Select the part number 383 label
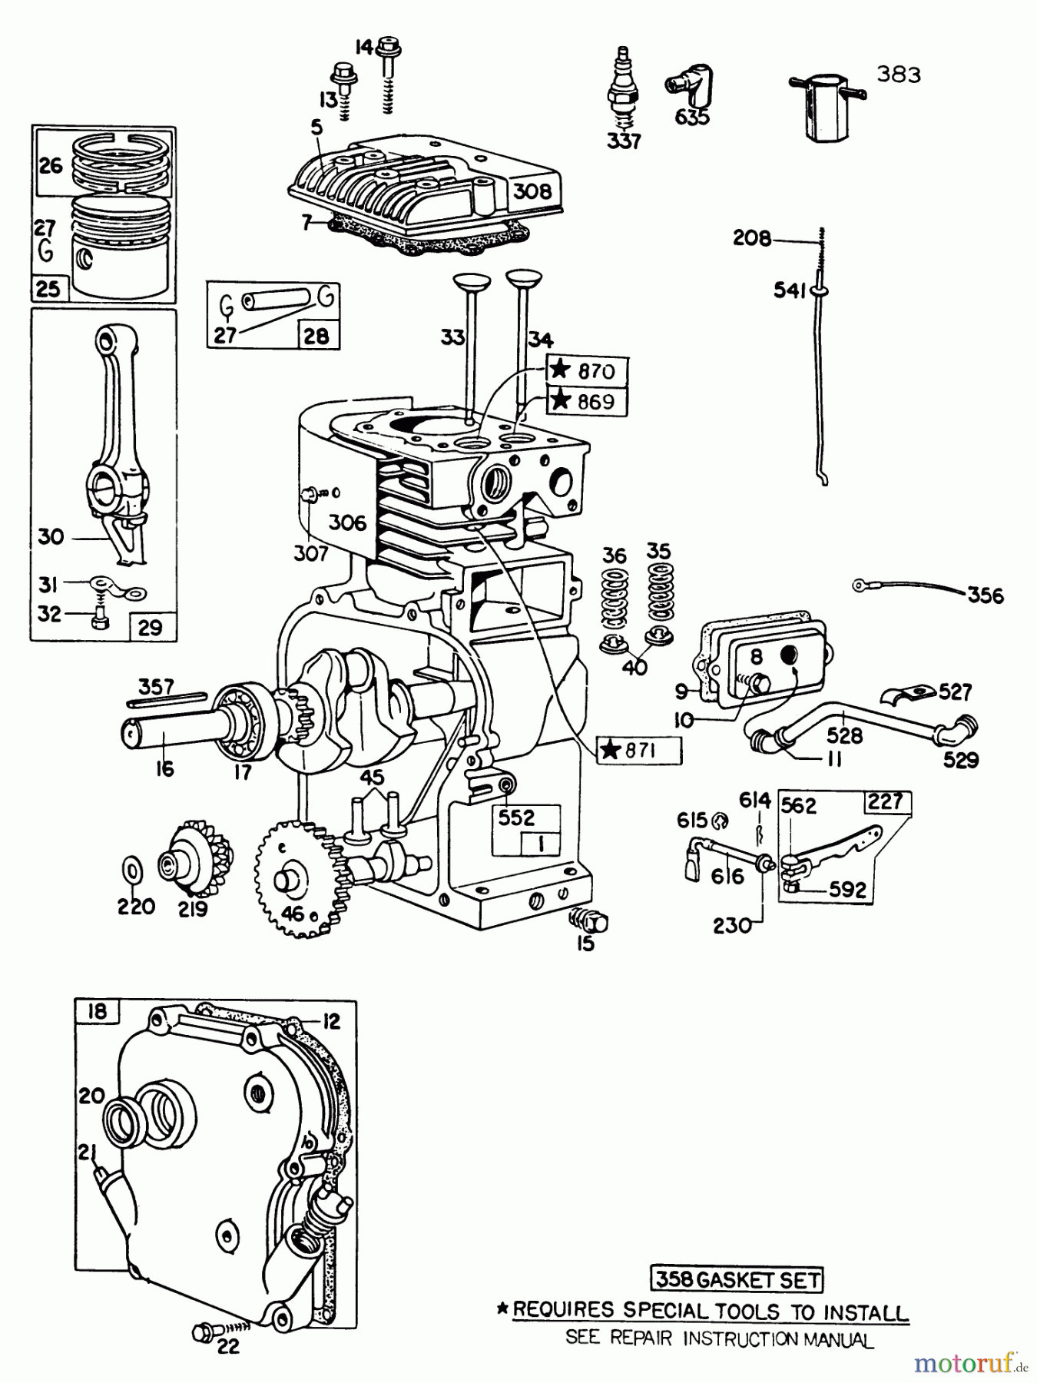pos(898,75)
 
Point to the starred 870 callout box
pos(587,371)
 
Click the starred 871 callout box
pos(638,750)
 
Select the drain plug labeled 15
pos(590,918)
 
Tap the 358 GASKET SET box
pos(736,1279)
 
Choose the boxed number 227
pos(885,802)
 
